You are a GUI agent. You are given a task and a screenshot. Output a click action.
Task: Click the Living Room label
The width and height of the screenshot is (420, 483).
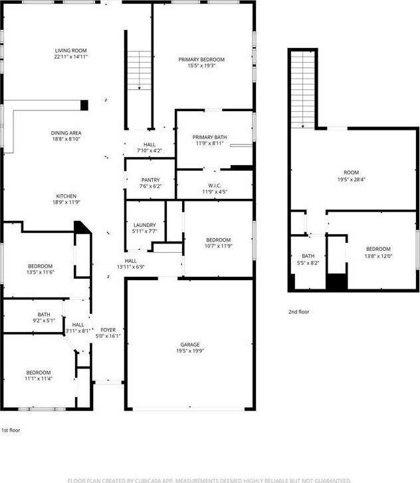[70, 51]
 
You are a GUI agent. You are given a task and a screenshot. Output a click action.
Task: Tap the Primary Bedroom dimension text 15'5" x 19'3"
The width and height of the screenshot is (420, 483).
[201, 66]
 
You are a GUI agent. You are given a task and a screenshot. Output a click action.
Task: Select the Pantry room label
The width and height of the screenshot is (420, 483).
[150, 180]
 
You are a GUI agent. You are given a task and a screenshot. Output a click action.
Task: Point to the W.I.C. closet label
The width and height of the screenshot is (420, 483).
[215, 186]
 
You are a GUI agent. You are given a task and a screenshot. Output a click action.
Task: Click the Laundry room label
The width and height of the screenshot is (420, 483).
[145, 225]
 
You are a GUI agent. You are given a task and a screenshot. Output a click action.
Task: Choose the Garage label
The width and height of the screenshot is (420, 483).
[190, 345]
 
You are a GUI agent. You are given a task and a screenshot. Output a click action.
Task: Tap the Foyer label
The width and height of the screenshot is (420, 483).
[108, 330]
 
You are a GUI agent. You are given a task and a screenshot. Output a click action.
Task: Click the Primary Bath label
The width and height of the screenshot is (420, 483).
[209, 137]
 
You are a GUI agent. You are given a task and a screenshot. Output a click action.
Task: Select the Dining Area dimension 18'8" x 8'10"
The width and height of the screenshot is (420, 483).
[66, 139]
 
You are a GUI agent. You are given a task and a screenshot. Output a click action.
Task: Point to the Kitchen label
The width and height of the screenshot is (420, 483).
[66, 196]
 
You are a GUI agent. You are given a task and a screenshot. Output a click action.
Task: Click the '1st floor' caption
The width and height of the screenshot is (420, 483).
[11, 430]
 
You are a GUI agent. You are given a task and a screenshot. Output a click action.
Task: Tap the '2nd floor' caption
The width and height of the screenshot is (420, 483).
[299, 312]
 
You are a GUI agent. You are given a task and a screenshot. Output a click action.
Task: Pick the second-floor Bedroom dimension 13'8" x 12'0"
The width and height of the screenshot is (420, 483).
[378, 256]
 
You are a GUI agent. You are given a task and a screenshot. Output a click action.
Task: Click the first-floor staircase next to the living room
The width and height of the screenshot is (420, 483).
[139, 71]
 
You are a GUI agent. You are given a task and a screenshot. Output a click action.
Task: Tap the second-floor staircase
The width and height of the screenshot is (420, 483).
[303, 89]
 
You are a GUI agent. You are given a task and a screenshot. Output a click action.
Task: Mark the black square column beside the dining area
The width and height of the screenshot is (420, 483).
[84, 105]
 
